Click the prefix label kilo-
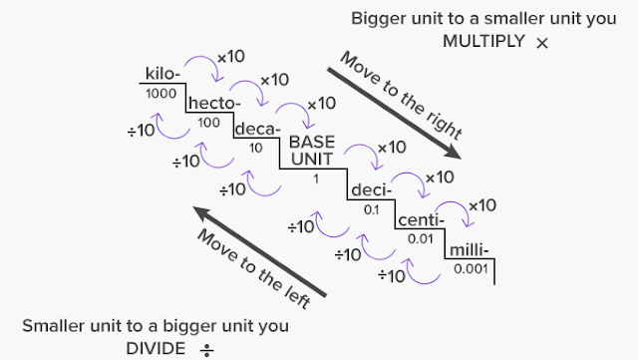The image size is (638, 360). [163, 73]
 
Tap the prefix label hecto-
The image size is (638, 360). [211, 103]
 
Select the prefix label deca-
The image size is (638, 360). [258, 130]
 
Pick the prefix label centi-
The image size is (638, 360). [420, 219]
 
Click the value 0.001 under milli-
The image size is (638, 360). [470, 268]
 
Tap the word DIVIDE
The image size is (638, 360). [156, 347]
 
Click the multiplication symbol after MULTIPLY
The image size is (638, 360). [541, 44]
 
